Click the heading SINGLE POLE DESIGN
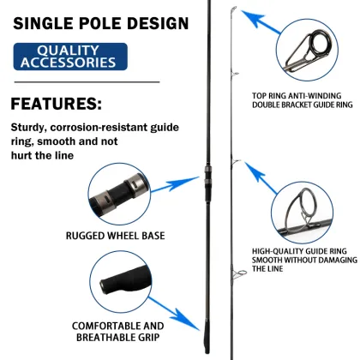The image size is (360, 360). point(101,23)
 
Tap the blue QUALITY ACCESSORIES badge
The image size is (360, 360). point(70,57)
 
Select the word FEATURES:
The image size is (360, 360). point(57,104)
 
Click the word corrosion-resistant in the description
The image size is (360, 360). point(100,128)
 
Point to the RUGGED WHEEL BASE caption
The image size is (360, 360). point(116,236)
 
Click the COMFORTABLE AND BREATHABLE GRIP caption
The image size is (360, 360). point(117,332)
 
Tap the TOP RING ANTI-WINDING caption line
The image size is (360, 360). point(297,96)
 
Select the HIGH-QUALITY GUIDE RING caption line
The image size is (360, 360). point(299,251)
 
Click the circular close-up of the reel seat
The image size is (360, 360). point(119,194)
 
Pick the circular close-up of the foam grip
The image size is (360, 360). point(121,282)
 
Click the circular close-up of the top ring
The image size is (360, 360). point(307,51)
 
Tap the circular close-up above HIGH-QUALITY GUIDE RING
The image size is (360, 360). point(303,213)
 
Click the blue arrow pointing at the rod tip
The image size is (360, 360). point(260,21)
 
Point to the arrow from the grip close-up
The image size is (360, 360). point(174,314)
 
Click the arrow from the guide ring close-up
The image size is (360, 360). point(261,177)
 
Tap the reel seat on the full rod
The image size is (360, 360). point(207,177)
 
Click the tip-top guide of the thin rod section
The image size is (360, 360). point(233,9)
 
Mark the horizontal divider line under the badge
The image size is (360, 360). point(87,82)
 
